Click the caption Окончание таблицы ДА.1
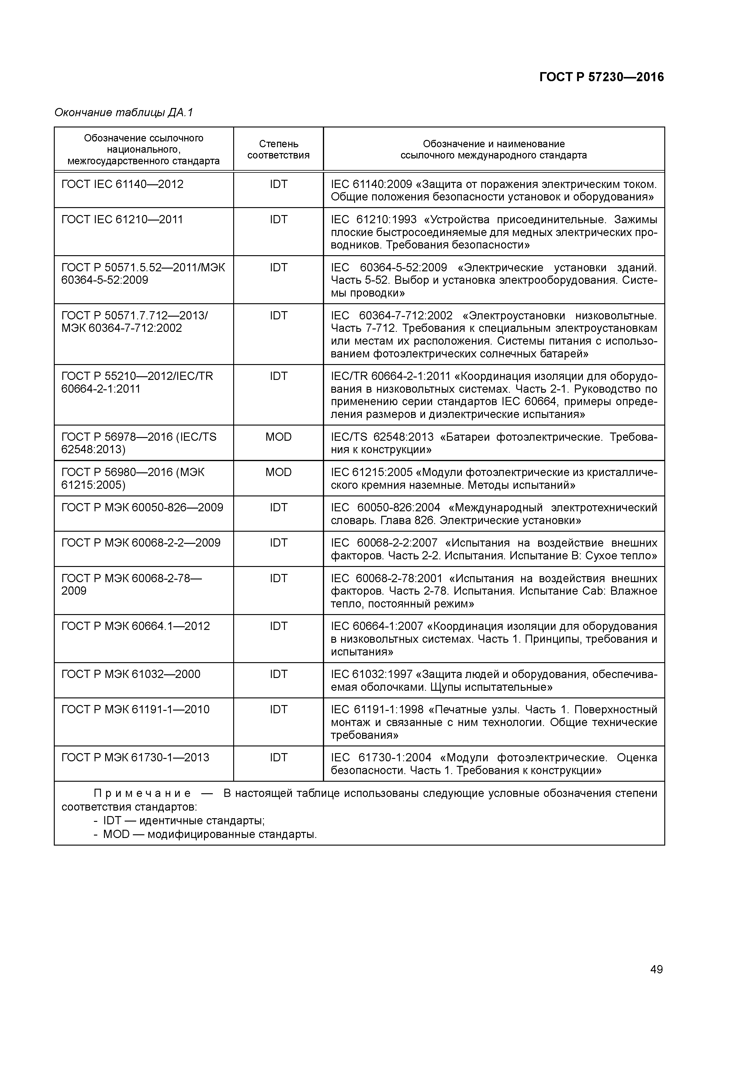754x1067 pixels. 123,113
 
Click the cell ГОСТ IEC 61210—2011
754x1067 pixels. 122,219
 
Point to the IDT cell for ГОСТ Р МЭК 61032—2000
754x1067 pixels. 278,674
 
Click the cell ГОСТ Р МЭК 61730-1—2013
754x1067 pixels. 135,757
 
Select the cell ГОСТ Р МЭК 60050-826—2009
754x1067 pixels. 142,507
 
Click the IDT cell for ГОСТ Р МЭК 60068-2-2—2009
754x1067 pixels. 278,543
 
